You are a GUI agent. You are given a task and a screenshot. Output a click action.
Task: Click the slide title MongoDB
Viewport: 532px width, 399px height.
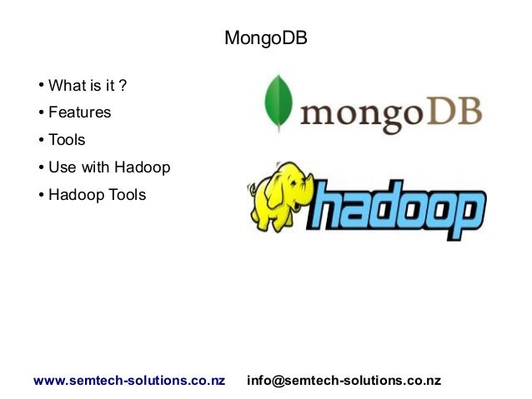pos(266,39)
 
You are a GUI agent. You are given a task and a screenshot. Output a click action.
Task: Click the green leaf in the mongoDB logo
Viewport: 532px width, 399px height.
pos(276,103)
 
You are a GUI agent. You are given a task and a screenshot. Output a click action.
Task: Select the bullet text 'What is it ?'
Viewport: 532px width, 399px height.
pos(87,85)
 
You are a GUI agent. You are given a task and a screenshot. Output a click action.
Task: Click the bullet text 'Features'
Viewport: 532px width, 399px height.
pos(79,112)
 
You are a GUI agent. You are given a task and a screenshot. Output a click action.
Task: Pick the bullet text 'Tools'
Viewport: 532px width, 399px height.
pos(67,140)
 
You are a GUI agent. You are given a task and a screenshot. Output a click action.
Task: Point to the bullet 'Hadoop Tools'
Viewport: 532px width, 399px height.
pos(97,195)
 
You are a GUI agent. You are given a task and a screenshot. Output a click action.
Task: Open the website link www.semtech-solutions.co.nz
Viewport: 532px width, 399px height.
pos(129,381)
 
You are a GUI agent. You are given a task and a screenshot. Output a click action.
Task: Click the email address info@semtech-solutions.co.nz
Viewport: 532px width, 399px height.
pos(344,381)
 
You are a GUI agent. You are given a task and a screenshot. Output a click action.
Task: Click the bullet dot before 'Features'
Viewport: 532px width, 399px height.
pos(40,113)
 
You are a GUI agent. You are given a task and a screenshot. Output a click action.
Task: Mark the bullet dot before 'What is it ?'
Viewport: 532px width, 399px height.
pos(40,86)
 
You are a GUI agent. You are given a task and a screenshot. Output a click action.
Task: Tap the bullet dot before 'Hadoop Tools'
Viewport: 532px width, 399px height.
pos(40,196)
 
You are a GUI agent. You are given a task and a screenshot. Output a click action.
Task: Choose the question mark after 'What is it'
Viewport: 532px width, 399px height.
pos(123,85)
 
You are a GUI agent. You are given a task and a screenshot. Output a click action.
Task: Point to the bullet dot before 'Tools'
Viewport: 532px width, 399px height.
pos(40,141)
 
